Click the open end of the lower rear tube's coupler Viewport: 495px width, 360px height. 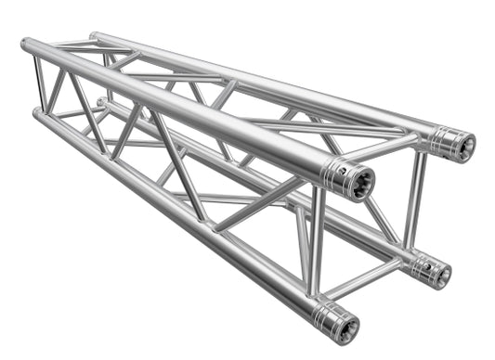[x=441, y=274]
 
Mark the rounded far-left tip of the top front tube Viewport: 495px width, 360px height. [x=25, y=44]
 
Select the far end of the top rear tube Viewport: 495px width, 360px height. [x=96, y=37]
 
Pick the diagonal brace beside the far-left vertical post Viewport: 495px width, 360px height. [x=56, y=92]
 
